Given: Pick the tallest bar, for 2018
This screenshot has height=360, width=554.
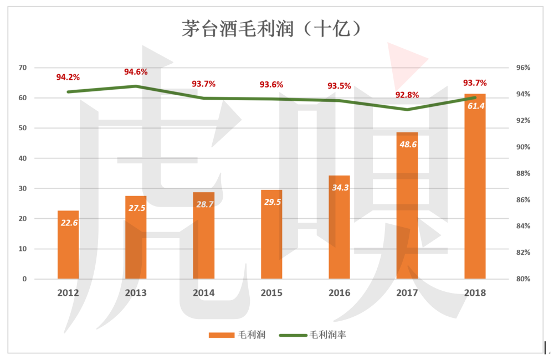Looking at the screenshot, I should (475, 188).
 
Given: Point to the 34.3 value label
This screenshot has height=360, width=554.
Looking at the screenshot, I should (339, 187).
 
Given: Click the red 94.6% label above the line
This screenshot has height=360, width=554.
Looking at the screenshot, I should (136, 72).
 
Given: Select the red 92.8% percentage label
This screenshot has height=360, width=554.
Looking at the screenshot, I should (407, 95).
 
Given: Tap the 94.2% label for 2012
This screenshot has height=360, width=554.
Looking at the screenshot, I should (68, 77).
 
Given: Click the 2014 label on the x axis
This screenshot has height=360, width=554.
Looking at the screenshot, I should (203, 293).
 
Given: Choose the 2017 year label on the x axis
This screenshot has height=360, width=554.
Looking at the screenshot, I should (407, 293).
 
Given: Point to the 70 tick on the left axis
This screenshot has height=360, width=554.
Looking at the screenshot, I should (23, 68).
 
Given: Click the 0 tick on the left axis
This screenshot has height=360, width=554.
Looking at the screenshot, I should (24, 279).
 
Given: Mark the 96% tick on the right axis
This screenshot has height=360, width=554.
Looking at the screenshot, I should (523, 68).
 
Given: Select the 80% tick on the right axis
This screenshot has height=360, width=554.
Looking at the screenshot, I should (523, 279).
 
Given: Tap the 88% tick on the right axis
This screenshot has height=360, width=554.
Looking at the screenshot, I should (523, 173).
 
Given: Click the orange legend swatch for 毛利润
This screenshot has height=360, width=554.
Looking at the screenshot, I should (222, 335).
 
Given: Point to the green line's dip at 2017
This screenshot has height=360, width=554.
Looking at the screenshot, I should (407, 109).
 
